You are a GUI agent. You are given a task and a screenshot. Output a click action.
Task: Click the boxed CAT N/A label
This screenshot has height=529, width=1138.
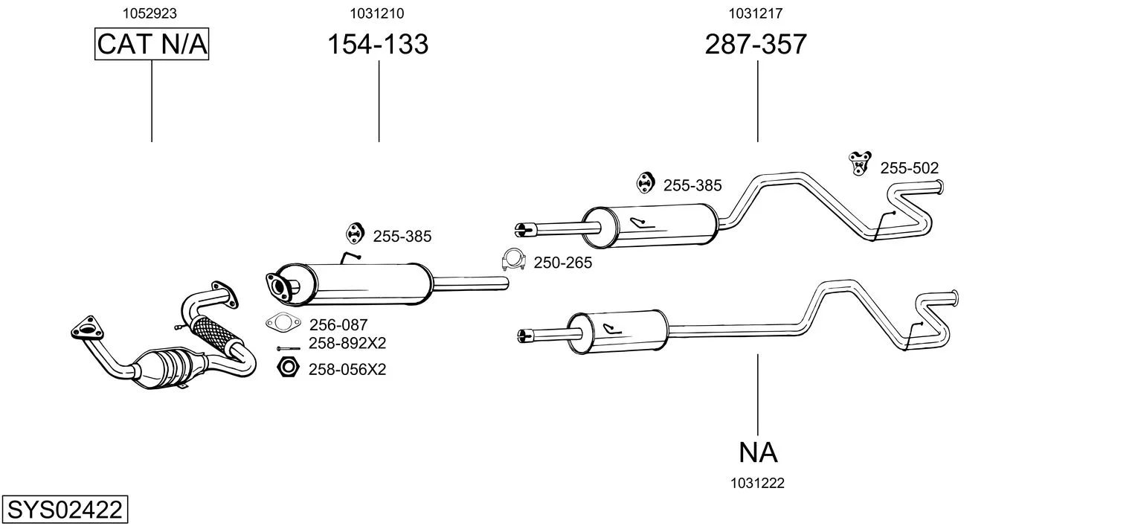click(152, 44)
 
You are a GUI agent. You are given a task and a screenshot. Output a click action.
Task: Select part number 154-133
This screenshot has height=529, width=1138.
click(378, 44)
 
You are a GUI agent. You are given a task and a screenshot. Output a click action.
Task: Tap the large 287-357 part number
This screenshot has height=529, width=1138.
click(756, 44)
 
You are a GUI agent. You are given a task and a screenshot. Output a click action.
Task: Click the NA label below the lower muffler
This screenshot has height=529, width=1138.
click(757, 452)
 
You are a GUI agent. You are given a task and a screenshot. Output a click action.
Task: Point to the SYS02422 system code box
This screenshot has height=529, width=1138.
click(65, 509)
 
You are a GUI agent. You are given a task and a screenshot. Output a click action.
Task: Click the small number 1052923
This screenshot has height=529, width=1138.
click(150, 13)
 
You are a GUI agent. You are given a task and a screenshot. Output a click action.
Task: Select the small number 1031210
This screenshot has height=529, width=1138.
click(376, 13)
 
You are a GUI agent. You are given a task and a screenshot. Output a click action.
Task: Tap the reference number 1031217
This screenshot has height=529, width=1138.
click(756, 13)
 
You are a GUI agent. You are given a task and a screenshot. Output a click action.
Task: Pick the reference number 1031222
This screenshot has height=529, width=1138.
click(757, 484)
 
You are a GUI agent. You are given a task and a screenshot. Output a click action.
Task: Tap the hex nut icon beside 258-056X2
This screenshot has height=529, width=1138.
click(288, 367)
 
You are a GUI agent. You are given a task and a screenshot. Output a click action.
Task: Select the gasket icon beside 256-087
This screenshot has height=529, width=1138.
click(283, 322)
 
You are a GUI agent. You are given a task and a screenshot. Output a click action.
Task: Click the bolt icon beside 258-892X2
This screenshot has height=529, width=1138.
click(289, 349)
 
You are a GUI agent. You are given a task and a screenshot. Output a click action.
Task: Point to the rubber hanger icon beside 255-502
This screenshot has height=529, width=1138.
click(859, 163)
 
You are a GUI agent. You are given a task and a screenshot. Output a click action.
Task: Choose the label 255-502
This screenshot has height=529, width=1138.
click(909, 168)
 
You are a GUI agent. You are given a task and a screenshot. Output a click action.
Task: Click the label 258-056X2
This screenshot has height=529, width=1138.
click(347, 370)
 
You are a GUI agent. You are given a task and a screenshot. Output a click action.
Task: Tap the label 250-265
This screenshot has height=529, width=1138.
click(562, 263)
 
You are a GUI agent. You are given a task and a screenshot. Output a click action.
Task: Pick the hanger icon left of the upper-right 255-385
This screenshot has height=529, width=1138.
click(645, 183)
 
